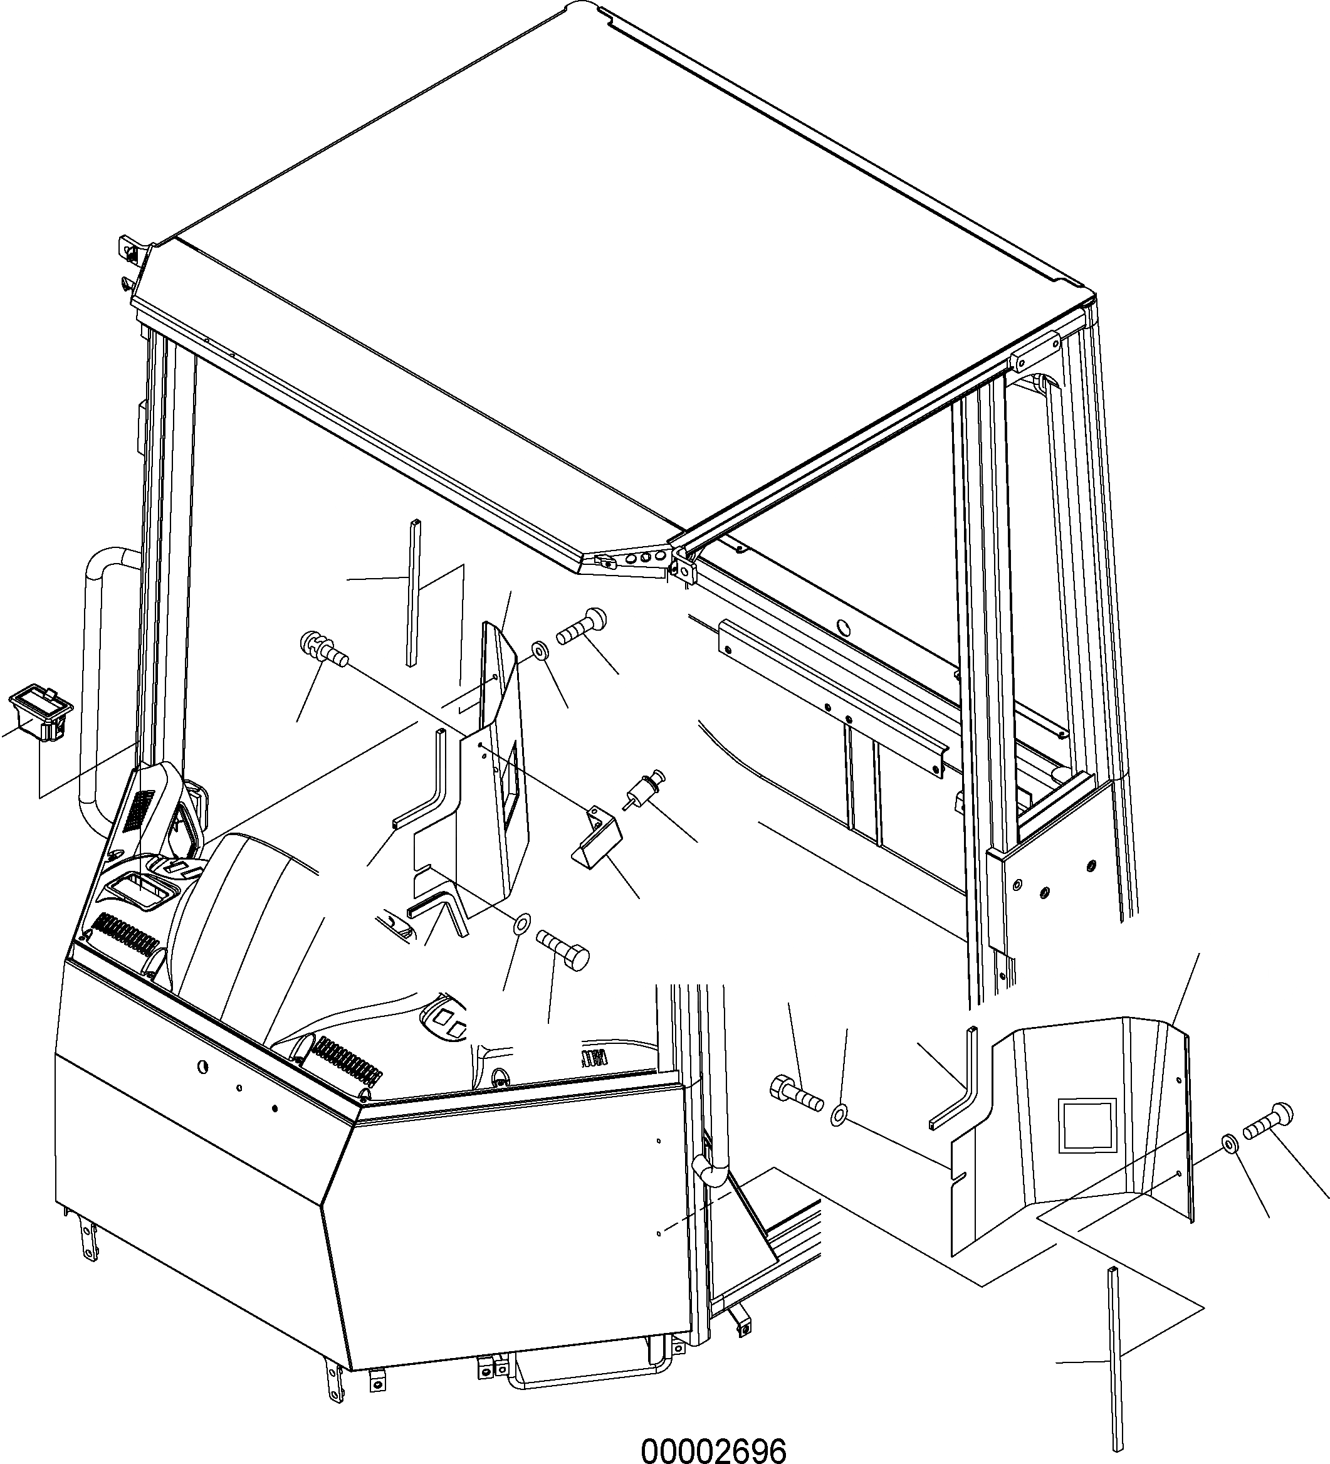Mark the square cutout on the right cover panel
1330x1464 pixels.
[x=1086, y=1125]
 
